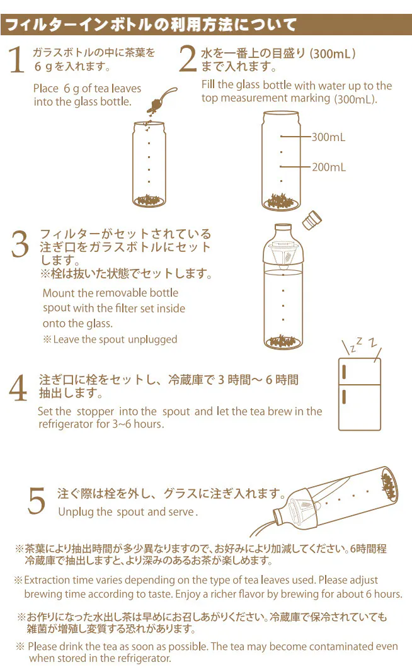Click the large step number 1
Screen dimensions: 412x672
[x=16, y=60]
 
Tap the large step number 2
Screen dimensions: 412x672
[x=188, y=59]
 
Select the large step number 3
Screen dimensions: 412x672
[x=20, y=244]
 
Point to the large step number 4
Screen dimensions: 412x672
[x=18, y=388]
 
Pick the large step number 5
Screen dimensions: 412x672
[x=37, y=500]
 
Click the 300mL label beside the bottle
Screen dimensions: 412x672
[x=328, y=137]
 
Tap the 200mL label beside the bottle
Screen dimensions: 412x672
[x=329, y=167]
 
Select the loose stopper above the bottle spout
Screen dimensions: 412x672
[x=312, y=220]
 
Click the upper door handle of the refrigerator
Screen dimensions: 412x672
[x=344, y=372]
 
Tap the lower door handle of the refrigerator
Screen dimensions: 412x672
[x=344, y=396]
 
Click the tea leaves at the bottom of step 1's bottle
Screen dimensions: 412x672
[x=149, y=200]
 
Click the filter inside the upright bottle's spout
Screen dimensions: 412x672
[x=283, y=256]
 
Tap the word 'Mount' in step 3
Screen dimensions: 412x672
[x=57, y=293]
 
